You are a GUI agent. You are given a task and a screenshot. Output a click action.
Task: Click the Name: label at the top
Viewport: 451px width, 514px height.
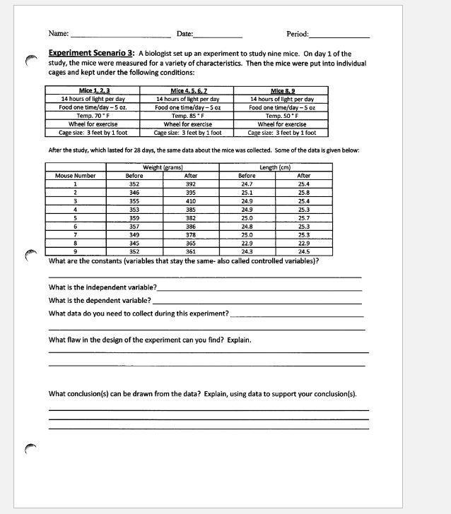[x=59, y=34]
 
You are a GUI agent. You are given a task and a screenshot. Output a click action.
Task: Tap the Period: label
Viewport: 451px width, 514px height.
[x=297, y=34]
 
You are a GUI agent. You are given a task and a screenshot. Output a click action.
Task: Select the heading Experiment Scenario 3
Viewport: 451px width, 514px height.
[x=91, y=53]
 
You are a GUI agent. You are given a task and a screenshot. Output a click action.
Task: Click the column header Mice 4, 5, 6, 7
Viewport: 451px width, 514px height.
[x=187, y=91]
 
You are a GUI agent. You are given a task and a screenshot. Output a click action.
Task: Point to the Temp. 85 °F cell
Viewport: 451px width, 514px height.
[x=187, y=116]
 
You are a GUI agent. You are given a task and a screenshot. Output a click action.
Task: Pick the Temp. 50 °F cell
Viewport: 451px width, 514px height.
[x=282, y=116]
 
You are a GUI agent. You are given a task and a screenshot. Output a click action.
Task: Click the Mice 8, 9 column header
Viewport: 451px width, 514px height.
[x=282, y=91]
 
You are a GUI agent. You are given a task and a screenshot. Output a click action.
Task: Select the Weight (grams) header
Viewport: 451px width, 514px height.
[x=163, y=167]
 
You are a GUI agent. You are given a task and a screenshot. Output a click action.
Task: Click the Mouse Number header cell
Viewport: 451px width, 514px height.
[x=75, y=176]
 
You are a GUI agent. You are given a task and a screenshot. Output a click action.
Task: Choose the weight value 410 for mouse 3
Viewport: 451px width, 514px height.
[x=190, y=201]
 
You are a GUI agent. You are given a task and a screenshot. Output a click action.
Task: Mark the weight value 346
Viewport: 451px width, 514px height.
[x=134, y=193]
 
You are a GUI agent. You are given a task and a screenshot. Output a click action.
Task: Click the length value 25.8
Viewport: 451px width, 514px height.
[x=303, y=193]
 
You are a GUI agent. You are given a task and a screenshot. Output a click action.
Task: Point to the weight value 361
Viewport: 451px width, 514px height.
[x=190, y=251]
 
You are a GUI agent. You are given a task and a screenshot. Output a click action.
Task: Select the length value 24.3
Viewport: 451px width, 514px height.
[x=247, y=251]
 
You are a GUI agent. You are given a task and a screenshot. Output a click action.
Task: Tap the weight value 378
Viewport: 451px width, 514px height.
[x=190, y=234]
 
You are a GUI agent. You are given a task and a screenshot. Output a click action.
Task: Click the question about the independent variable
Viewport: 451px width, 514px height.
[x=103, y=288]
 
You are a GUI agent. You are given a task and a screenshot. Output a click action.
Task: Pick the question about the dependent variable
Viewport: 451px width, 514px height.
[x=100, y=300]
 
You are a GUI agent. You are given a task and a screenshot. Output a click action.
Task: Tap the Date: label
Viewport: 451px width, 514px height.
[x=184, y=34]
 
